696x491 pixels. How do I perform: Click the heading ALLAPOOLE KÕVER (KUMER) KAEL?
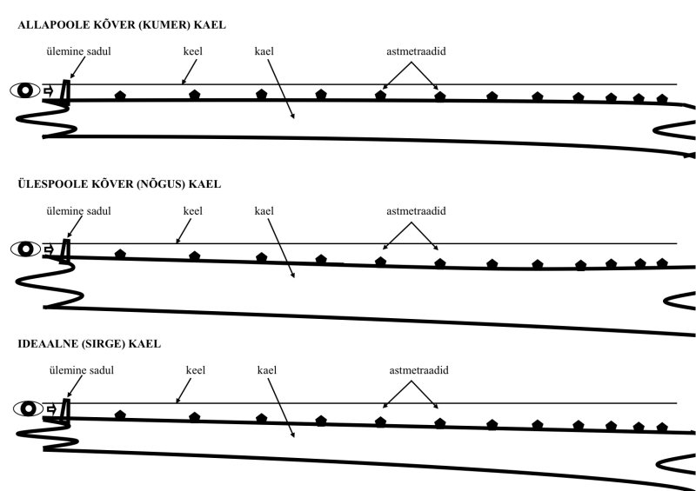pyautogui.click(x=121, y=25)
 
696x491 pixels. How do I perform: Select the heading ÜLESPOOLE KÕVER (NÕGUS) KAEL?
pyautogui.click(x=119, y=184)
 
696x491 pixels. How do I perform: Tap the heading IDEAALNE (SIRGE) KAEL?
pyautogui.click(x=89, y=344)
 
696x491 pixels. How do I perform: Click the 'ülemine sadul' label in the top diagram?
pyautogui.click(x=78, y=51)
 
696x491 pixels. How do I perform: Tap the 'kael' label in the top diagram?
pyautogui.click(x=264, y=51)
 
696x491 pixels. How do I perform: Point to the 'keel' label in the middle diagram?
pyautogui.click(x=192, y=211)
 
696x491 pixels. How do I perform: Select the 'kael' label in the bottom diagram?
pyautogui.click(x=267, y=370)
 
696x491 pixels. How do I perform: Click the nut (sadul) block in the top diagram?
pyautogui.click(x=65, y=91)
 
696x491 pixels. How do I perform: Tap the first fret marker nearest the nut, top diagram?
pyautogui.click(x=120, y=95)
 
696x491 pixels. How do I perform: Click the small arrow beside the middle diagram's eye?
pyautogui.click(x=49, y=249)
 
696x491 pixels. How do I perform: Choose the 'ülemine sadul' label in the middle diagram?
pyautogui.click(x=78, y=211)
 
